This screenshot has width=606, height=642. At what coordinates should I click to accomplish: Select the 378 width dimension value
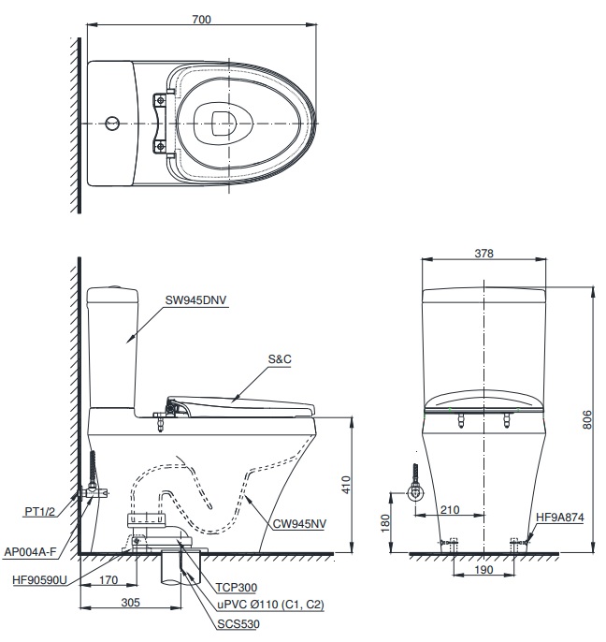tap(483, 253)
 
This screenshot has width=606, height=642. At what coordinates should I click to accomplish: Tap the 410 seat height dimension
tap(345, 485)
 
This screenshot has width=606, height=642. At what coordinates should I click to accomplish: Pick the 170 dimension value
tap(108, 579)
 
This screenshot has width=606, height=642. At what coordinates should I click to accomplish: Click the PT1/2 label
tap(39, 512)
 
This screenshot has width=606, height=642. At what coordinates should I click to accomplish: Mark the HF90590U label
tap(39, 580)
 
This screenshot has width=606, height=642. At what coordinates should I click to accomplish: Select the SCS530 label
tap(239, 622)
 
